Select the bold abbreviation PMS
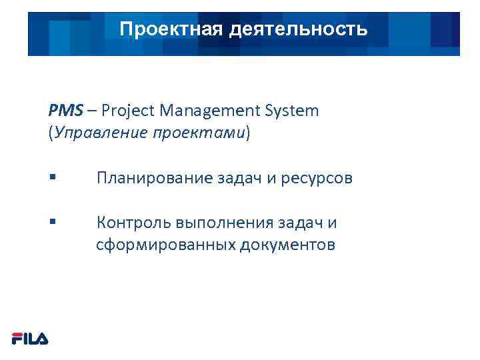63,111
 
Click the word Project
125,111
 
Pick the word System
293,111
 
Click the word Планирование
154,179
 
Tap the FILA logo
30,339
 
